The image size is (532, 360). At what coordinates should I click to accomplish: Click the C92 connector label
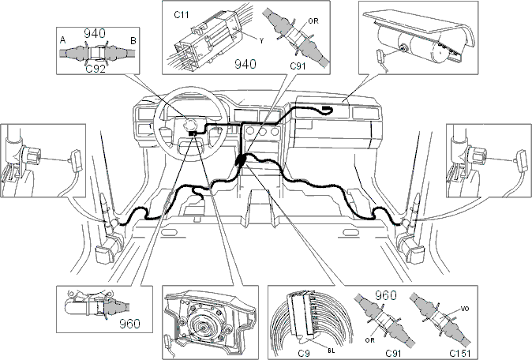[x=96, y=69]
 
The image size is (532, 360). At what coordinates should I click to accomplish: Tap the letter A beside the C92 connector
[x=63, y=40]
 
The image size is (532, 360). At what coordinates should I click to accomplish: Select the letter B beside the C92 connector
[x=133, y=41]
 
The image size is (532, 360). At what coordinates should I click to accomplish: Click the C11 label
[x=182, y=15]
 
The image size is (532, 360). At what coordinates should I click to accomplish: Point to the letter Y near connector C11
[x=261, y=41]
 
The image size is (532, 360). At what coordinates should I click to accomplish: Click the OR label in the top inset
[x=313, y=21]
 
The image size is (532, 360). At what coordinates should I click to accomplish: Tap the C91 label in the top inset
[x=298, y=66]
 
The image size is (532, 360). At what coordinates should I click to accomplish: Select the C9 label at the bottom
[x=304, y=353]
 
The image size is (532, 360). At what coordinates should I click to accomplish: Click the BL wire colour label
[x=332, y=351]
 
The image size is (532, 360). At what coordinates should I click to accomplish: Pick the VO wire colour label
[x=465, y=309]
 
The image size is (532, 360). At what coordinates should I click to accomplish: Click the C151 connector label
[x=459, y=353]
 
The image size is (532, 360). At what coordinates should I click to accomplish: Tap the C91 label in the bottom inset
[x=394, y=353]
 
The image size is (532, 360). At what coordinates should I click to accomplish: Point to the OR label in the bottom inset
[x=370, y=340]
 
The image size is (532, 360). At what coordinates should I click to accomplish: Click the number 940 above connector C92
[x=95, y=33]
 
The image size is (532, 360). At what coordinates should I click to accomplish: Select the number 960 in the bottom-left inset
[x=129, y=324]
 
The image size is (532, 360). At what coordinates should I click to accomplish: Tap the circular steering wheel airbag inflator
[x=204, y=328]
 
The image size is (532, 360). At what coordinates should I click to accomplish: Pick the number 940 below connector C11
[x=245, y=64]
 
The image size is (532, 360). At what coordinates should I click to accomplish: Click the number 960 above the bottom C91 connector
[x=386, y=295]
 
